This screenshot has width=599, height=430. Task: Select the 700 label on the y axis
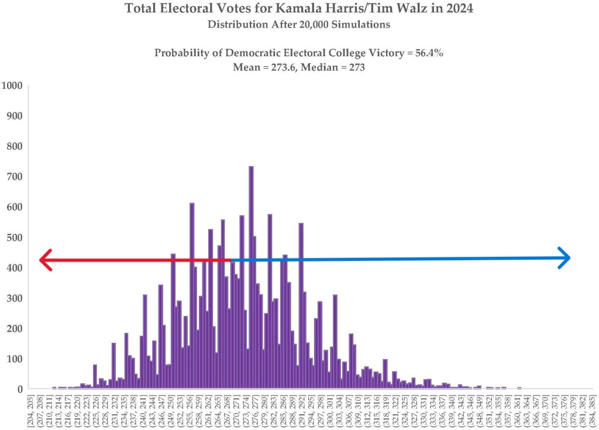coord(14,177)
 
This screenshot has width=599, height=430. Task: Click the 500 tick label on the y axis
coord(14,238)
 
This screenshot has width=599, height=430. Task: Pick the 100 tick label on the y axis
coord(14,359)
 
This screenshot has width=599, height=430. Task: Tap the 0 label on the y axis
coord(19,389)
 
